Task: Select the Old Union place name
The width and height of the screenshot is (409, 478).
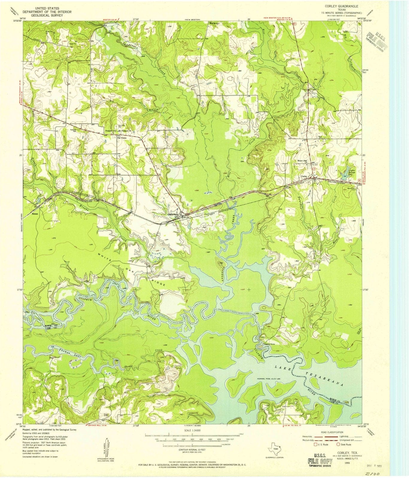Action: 117,138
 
